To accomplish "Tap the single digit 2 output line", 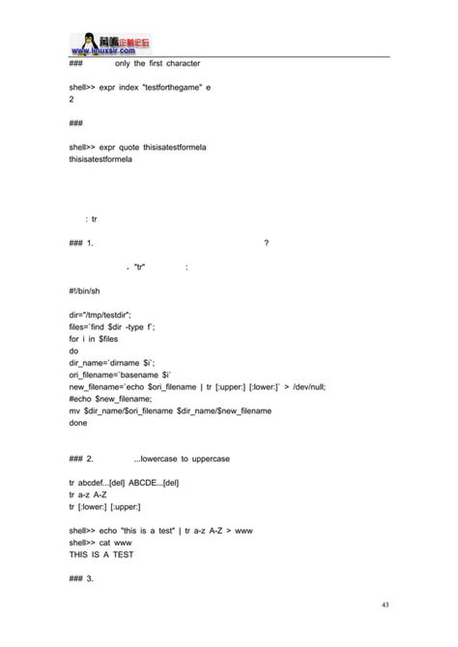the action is click(72, 98).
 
